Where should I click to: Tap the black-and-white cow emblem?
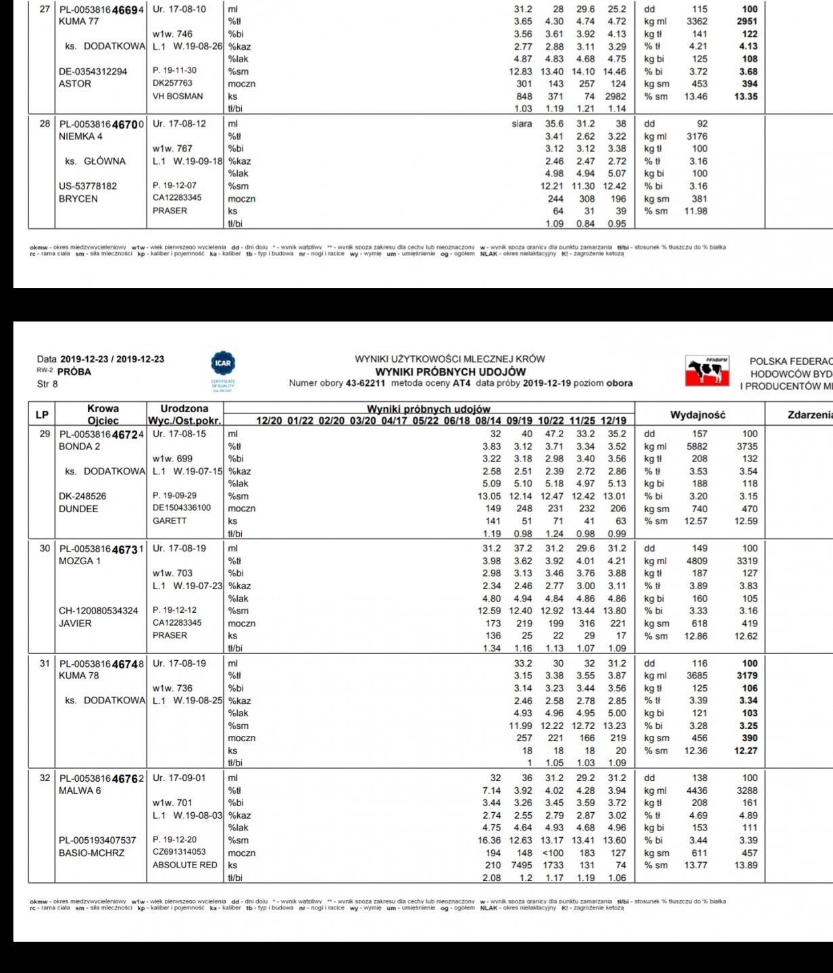pos(707,371)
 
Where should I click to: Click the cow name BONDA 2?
pos(79,447)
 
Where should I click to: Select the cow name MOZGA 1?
pos(80,561)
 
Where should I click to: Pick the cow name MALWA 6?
pos(80,791)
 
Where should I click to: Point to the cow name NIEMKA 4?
pos(80,136)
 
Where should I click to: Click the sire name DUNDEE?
pos(78,509)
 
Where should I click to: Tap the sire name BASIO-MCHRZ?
pos(92,853)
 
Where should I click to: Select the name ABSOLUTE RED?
pos(185,865)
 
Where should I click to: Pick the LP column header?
pos(42,415)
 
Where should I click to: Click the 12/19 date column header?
pos(613,421)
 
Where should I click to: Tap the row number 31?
pos(45,664)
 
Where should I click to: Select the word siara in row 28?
pos(522,124)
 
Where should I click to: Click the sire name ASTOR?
pos(75,84)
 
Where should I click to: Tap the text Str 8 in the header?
pos(47,384)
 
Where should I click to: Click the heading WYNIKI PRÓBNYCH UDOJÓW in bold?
pos(450,372)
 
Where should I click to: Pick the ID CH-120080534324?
pos(98,611)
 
